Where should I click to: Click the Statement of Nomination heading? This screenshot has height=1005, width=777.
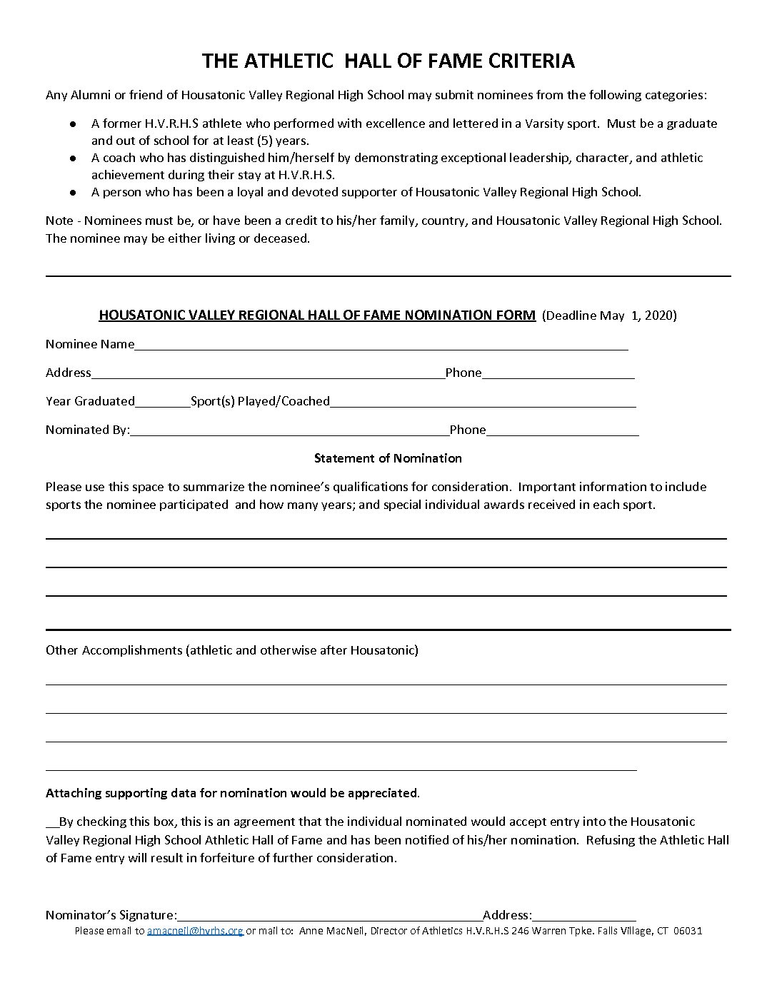click(x=388, y=458)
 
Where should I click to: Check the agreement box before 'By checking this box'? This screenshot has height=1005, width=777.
click(x=51, y=822)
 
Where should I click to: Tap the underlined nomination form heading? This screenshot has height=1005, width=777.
click(x=317, y=315)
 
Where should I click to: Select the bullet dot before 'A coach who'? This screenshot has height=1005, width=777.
click(x=73, y=158)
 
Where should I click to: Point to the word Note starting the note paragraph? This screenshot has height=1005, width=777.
click(x=59, y=221)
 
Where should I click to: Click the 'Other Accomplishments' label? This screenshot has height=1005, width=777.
click(x=114, y=650)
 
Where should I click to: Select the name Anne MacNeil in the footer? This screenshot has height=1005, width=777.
click(x=326, y=931)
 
